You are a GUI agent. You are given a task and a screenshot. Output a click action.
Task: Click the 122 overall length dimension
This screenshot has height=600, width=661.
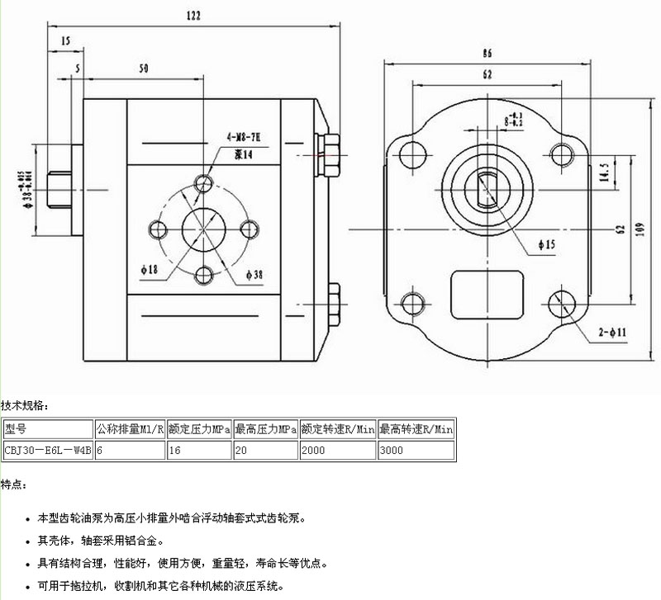(x=192, y=16)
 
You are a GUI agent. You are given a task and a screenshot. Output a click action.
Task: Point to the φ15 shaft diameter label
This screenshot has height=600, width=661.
(x=546, y=244)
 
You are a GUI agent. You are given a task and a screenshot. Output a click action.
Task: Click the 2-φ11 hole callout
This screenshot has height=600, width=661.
(x=613, y=333)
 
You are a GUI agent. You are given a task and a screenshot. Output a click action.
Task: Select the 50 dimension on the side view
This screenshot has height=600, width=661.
(x=144, y=69)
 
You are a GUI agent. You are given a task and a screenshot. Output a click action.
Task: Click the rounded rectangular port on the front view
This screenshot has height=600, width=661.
(x=487, y=295)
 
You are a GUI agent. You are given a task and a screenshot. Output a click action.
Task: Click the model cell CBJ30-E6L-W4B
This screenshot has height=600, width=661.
(x=47, y=451)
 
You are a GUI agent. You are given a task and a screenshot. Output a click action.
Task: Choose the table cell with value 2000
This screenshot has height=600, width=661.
(x=337, y=451)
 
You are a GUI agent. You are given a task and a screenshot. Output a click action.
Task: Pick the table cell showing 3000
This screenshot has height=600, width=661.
(x=416, y=451)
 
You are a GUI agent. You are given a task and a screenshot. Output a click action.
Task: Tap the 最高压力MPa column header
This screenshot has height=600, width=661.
(x=265, y=429)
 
